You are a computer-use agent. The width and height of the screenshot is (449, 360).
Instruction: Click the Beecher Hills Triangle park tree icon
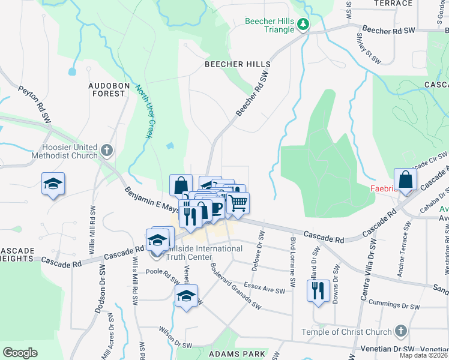(x=304, y=24)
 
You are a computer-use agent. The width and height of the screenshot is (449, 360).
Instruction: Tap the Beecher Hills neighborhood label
(x=237, y=64)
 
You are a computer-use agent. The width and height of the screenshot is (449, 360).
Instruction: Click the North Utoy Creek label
(x=142, y=111)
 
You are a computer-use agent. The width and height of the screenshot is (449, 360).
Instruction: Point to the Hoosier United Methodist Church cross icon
(x=107, y=149)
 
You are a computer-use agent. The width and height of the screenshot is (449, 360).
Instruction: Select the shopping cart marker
(x=238, y=203)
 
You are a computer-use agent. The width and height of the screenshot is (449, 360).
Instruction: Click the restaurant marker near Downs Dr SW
(x=318, y=291)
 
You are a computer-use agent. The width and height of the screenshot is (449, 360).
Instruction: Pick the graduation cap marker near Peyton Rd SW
(x=53, y=184)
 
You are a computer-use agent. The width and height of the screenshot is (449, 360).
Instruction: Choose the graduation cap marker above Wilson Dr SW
(x=187, y=296)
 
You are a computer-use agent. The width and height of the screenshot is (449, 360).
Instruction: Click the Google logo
(x=20, y=352)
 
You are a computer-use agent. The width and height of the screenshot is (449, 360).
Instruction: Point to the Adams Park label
(x=237, y=355)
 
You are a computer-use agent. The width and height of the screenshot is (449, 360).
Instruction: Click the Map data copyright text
(x=424, y=355)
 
